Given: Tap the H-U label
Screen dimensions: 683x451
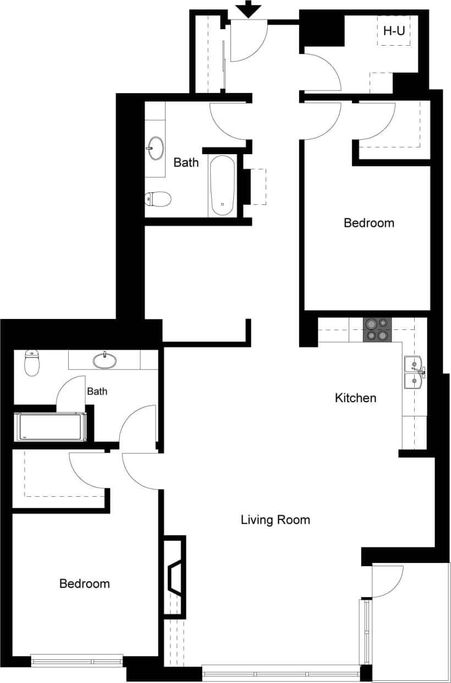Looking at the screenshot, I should coord(393,31).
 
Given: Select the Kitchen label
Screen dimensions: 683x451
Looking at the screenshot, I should coord(356,398).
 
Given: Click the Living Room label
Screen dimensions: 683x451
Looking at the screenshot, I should coord(275,519).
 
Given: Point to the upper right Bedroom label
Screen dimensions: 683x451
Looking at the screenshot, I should coord(369,223).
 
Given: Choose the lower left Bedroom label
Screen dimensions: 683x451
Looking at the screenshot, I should coord(84,583).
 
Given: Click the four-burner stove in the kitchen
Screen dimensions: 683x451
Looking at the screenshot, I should coord(377,329).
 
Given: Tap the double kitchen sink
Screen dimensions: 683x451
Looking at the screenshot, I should coord(414,372).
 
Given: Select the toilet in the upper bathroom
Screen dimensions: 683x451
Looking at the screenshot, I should coord(158,198).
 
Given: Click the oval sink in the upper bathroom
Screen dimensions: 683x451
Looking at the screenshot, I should coord(155,148).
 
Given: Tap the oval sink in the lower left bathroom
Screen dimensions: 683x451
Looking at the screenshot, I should coord(105,361).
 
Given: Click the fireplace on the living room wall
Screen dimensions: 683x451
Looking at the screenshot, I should coord(175,578).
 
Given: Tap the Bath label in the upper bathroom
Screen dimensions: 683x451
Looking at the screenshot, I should coord(186,162).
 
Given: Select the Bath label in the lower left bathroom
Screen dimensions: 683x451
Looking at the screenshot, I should coord(97,392).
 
